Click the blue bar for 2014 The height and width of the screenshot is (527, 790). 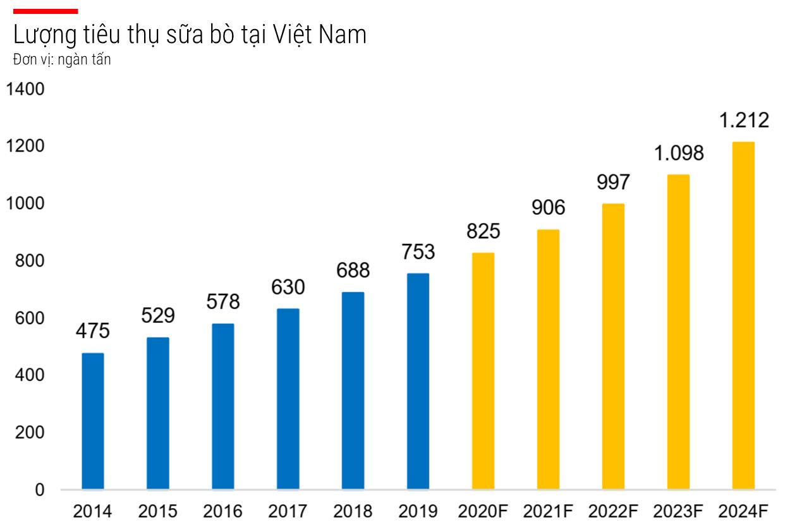pyautogui.click(x=93, y=421)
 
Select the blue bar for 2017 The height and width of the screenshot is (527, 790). pyautogui.click(x=288, y=399)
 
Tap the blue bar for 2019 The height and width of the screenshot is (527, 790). pyautogui.click(x=418, y=381)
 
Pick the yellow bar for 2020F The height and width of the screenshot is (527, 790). pyautogui.click(x=483, y=371)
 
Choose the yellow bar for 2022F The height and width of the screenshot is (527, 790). pyautogui.click(x=613, y=346)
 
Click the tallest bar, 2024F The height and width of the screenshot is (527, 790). pyautogui.click(x=743, y=315)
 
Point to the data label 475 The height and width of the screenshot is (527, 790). pyautogui.click(x=93, y=330)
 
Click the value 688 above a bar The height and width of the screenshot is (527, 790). pyautogui.click(x=353, y=270)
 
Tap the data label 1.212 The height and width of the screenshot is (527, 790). pyautogui.click(x=744, y=120)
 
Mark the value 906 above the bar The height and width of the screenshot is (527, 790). pyautogui.click(x=548, y=207)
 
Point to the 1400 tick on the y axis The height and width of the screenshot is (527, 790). pyautogui.click(x=26, y=89)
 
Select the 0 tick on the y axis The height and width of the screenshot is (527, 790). pyautogui.click(x=40, y=490)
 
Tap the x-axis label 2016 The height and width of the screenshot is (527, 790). pyautogui.click(x=222, y=511)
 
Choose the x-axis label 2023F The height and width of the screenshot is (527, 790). pyautogui.click(x=678, y=511)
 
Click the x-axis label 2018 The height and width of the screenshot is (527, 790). pyautogui.click(x=353, y=511)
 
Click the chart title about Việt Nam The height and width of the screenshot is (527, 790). pyautogui.click(x=190, y=35)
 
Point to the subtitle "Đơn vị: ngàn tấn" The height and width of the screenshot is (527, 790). pyautogui.click(x=62, y=61)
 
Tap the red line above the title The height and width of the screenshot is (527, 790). pyautogui.click(x=46, y=11)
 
